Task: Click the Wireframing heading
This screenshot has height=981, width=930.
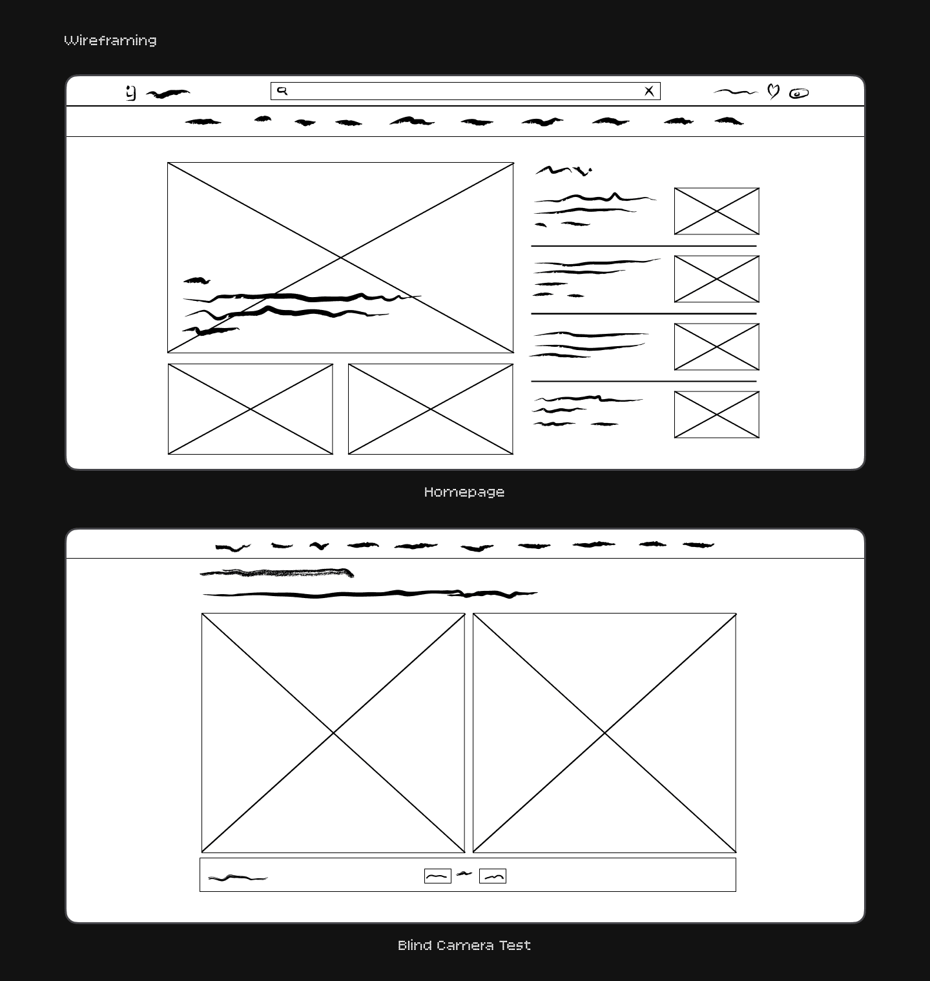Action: pos(110,41)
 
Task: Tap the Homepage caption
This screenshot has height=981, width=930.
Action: pos(464,492)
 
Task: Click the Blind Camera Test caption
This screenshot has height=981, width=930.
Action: pos(464,945)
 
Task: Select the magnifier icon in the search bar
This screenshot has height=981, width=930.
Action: pos(282,91)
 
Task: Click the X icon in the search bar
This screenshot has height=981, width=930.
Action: pos(649,91)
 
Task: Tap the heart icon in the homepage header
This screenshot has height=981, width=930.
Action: pos(773,91)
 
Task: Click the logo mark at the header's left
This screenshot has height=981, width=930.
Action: pos(131,94)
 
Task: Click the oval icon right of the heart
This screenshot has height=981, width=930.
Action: pos(799,94)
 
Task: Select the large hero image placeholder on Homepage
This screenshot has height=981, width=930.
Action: pos(340,258)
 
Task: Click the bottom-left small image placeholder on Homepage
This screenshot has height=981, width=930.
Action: pos(251,409)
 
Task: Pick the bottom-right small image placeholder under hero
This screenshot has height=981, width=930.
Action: pos(431,409)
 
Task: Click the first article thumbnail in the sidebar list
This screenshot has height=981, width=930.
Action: pos(717,211)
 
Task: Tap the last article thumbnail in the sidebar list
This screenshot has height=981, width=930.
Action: pos(717,415)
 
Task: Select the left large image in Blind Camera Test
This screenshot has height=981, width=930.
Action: pos(333,733)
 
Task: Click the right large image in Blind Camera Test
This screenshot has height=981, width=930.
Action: pos(604,733)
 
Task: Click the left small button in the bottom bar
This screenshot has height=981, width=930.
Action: pos(438,876)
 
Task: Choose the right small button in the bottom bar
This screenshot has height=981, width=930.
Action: pos(493,876)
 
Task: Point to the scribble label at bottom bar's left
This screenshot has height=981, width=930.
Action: pos(238,878)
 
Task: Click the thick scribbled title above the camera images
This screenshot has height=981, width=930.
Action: pos(277,573)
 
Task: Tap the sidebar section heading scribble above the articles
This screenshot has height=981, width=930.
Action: pos(564,170)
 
